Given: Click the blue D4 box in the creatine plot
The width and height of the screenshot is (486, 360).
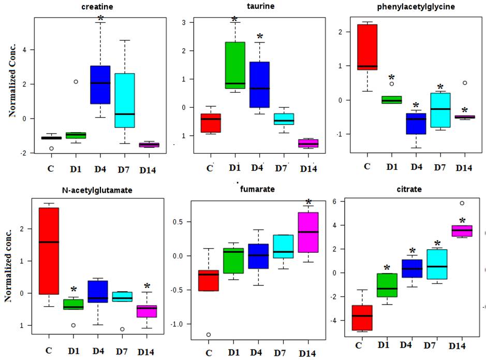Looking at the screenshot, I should [x=100, y=84].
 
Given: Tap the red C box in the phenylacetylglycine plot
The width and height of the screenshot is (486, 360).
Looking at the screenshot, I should [x=367, y=47].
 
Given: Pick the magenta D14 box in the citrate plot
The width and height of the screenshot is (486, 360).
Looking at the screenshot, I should [x=462, y=231].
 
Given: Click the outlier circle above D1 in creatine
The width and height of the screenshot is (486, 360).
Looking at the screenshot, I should [x=76, y=82].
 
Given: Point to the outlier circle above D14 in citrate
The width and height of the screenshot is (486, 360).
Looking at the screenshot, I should [x=462, y=203].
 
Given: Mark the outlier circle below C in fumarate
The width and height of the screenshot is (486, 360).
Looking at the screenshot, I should [x=209, y=335].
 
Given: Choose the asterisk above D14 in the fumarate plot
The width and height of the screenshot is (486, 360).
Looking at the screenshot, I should [x=309, y=203].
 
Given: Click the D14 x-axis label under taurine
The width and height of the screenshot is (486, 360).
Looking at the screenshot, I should [x=308, y=169].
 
